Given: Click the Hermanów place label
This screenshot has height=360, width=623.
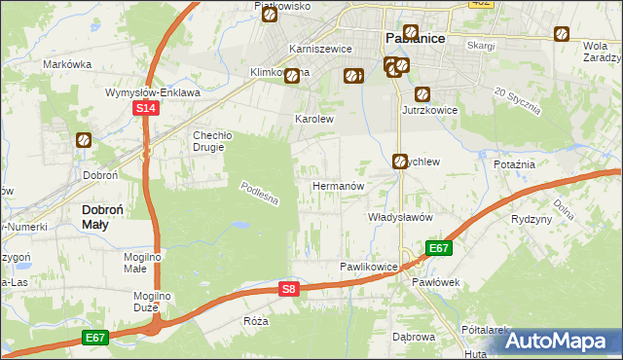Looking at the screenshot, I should pos(338,185).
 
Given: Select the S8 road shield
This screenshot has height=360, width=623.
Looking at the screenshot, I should pos(288,289).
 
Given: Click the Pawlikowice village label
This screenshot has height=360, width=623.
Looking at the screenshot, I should pos(369,266).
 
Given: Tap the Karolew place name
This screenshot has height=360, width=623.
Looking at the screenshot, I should pos(314,120).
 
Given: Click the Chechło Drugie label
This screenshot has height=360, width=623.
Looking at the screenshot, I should pos(194,141).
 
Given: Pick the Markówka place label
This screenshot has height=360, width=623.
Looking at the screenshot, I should pos(67,65).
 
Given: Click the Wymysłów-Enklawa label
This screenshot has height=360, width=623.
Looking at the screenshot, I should pos(152,93).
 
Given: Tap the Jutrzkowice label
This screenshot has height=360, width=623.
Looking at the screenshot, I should pos(429,111).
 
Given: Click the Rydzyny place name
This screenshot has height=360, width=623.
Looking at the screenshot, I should pos(531,219).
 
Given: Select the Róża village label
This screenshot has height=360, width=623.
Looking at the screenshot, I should pos(256,320).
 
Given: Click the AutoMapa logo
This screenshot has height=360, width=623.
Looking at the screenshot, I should pos(560,340).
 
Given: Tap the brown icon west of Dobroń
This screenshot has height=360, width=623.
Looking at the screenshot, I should pos(84,140).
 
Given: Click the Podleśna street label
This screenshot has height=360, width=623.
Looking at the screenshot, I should pos(260,196).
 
